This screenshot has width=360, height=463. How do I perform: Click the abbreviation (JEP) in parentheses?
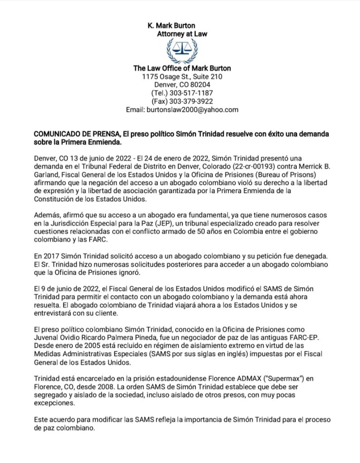[187, 221]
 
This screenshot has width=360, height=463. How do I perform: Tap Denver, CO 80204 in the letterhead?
[182, 85]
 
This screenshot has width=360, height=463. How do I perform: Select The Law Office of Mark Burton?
[182, 68]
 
